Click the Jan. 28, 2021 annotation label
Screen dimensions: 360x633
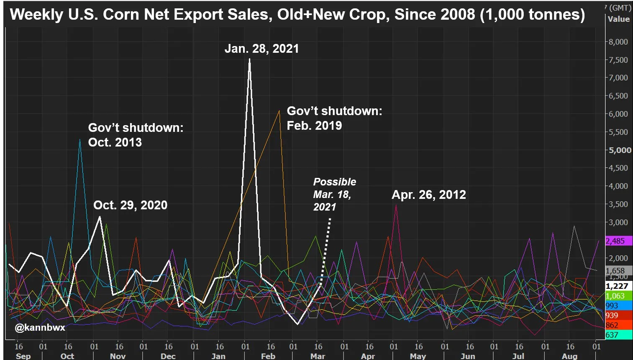(x=261, y=49)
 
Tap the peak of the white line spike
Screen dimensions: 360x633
(x=249, y=59)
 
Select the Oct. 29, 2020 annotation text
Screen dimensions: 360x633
(x=130, y=205)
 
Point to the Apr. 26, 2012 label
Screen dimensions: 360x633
(x=428, y=195)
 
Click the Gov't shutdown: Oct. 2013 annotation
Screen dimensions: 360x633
(x=136, y=135)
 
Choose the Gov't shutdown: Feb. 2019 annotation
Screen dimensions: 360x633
(x=334, y=118)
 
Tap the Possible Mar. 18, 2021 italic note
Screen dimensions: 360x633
(x=334, y=194)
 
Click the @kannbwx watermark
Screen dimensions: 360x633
(x=40, y=327)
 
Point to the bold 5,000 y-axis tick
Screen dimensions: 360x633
(x=620, y=150)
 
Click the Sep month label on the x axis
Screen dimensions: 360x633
(x=23, y=356)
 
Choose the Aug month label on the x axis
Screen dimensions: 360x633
(x=569, y=356)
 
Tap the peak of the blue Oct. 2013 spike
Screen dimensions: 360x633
(x=80, y=139)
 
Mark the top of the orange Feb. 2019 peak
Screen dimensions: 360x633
(x=279, y=111)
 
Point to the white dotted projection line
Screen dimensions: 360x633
(x=326, y=247)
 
